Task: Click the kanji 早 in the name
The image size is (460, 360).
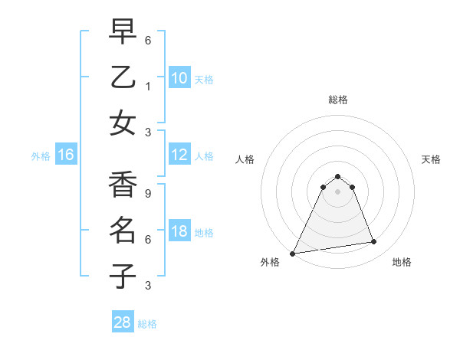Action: [123, 33]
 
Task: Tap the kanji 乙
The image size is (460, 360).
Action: [123, 78]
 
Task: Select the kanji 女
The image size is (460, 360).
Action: [123, 123]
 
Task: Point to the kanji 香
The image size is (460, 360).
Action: [123, 185]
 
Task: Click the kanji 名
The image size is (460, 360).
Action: [123, 230]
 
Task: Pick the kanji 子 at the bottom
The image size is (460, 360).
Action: [123, 276]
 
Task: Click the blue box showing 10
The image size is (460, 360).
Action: [179, 78]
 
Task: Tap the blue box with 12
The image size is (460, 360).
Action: [179, 155]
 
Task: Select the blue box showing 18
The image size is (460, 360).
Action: [179, 231]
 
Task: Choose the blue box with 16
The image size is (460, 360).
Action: [66, 155]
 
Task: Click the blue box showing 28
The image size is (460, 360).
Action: [123, 322]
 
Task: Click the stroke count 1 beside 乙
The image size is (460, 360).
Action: [148, 87]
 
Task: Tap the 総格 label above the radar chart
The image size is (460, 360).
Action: [337, 100]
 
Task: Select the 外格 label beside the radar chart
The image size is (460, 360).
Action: [270, 262]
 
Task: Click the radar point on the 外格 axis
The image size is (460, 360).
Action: [293, 253]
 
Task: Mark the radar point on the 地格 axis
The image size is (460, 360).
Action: [374, 242]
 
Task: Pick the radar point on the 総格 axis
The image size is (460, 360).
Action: [337, 177]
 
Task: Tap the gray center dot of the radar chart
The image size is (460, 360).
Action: [337, 191]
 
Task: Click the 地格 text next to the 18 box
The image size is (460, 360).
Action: [204, 232]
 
